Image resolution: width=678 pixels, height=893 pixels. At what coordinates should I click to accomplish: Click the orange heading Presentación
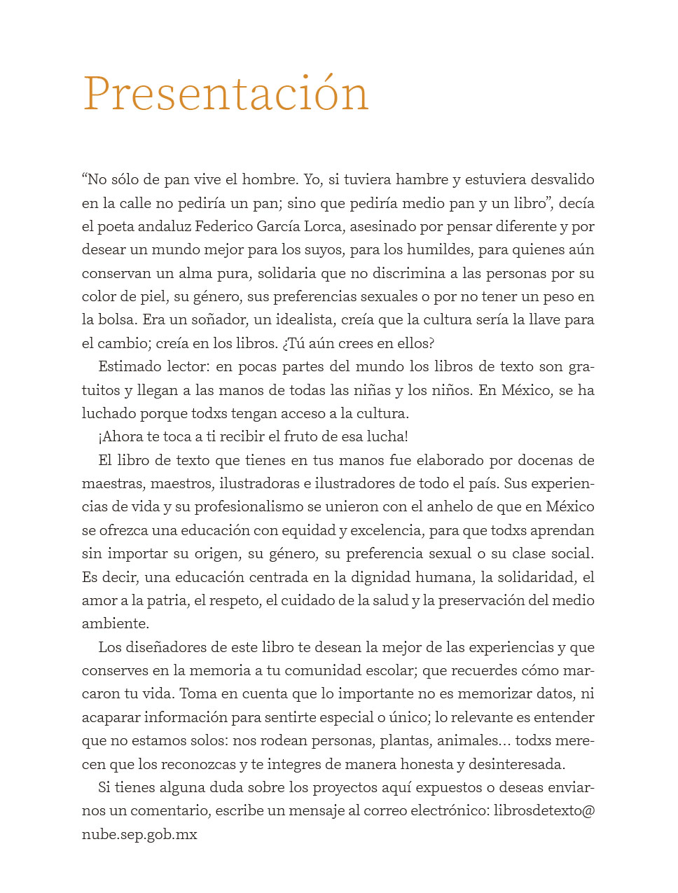point(226,94)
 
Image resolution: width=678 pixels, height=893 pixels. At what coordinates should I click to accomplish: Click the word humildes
point(440,250)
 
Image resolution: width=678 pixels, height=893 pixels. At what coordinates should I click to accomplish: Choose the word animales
point(468,740)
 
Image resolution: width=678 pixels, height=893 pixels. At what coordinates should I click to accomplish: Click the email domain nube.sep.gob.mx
point(139,834)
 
